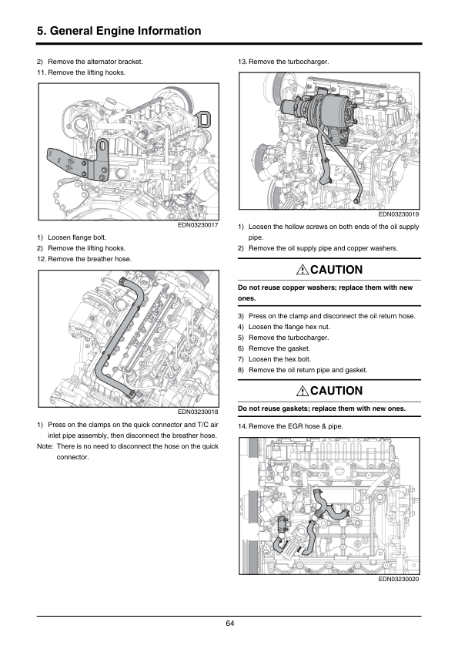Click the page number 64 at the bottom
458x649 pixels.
tap(230, 624)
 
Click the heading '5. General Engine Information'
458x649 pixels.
tap(119, 31)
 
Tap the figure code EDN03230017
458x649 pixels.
tap(198, 225)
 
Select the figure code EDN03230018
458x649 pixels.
tap(198, 412)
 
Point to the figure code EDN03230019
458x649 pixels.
tap(399, 214)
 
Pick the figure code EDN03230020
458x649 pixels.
tap(399, 579)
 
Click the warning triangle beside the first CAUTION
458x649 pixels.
tap(303, 270)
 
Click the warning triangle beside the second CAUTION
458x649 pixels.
tap(303, 391)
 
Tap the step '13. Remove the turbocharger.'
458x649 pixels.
tap(283, 62)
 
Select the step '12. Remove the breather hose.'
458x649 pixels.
tap(85, 259)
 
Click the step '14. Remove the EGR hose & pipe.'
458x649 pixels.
tap(290, 426)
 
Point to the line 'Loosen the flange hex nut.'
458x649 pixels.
tap(289, 327)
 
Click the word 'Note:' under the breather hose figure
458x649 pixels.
tap(45, 446)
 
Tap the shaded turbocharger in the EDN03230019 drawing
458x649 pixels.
tap(326, 109)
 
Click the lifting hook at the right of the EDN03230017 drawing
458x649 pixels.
tap(204, 119)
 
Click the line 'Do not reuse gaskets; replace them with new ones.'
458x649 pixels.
tap(322, 409)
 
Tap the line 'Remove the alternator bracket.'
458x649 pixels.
tap(95, 62)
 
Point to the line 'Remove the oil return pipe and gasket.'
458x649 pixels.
tap(308, 370)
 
